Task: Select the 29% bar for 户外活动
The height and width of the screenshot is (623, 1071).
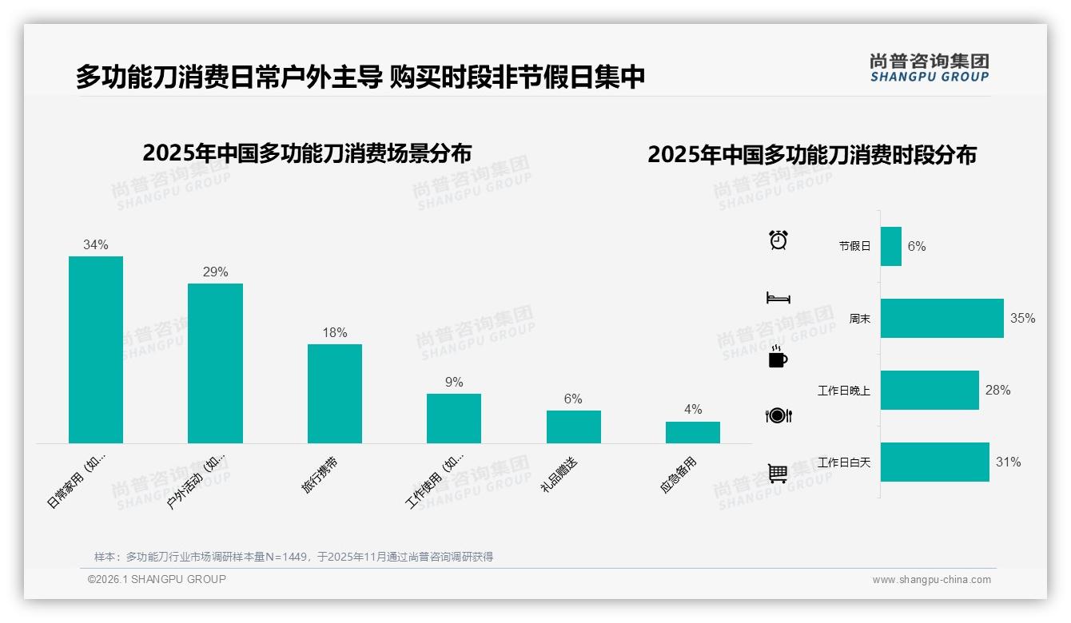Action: coord(215,363)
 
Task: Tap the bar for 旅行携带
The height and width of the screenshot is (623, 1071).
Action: coord(335,394)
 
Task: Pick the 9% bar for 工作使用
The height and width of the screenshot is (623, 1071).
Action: coord(454,419)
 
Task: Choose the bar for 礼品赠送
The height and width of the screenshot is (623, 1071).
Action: coord(573,427)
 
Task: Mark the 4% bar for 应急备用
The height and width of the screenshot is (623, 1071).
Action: coord(693,432)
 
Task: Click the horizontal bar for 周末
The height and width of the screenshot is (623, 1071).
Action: coord(942,318)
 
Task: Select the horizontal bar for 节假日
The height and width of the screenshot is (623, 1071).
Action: coord(891,246)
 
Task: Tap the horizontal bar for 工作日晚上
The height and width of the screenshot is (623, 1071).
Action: coord(930,390)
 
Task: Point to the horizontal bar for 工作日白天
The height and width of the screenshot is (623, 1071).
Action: coord(934,462)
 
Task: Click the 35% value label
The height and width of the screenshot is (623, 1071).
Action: coord(1022,318)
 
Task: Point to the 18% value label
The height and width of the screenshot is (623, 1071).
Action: coord(335,332)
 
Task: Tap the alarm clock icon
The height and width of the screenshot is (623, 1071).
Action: coord(778,240)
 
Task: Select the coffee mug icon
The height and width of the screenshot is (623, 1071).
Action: coord(778,357)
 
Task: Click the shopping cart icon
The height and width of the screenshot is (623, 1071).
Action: coord(778,474)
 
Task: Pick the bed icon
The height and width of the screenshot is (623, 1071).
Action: coord(778,298)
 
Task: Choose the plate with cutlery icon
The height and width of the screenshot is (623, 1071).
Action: coord(778,415)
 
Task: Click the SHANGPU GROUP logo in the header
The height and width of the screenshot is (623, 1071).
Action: coord(930,67)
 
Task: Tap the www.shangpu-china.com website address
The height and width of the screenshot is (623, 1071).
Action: coord(931,580)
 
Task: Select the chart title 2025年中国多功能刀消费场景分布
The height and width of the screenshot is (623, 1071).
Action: coord(307,153)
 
